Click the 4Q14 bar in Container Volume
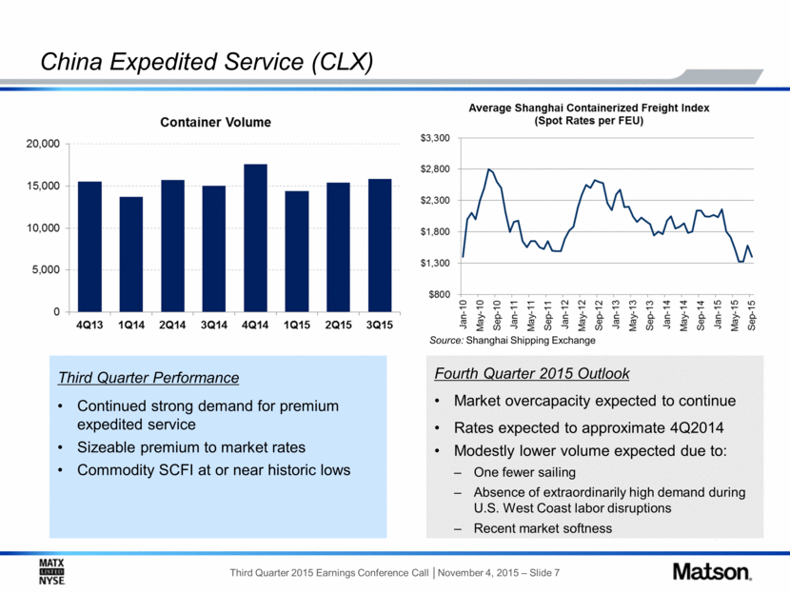pos(255,238)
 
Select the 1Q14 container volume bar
pos(131,254)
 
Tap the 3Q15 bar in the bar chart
pos(380,246)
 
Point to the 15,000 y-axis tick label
pos(43,186)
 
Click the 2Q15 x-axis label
pos(338,325)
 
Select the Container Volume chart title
pos(216,123)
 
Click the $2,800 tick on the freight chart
pos(435,168)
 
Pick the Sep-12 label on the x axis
pos(599,315)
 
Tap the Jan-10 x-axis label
pos(463,315)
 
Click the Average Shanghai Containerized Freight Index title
pos(589,114)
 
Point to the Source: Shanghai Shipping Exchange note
pos(512,341)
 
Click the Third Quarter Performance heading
pos(148,378)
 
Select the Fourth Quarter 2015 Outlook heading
pos(531,374)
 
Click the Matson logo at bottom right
pos(712,572)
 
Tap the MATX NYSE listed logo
pos(52,572)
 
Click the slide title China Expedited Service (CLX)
pos(207,62)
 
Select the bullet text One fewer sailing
pos(524,472)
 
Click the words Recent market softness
pos(543,528)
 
